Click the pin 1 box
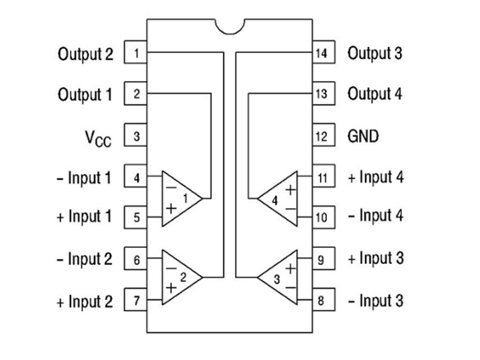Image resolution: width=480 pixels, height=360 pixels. (x=135, y=52)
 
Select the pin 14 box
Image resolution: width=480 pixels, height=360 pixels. (x=324, y=52)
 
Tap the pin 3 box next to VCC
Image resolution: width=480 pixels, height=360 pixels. (x=135, y=135)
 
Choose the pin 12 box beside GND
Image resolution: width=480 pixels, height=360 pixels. (x=324, y=135)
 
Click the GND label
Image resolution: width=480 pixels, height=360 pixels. (x=363, y=136)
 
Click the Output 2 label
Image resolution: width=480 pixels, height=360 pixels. (x=85, y=54)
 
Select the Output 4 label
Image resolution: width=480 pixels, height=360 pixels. (x=375, y=94)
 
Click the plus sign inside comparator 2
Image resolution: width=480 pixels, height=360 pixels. (x=171, y=288)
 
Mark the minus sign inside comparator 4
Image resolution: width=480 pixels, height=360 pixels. (x=290, y=209)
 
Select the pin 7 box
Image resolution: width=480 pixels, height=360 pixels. (x=135, y=300)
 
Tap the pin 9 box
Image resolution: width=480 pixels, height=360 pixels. (x=324, y=258)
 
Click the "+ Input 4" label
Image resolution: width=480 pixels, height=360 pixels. (x=376, y=177)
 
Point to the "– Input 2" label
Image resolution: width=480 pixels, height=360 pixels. (x=84, y=259)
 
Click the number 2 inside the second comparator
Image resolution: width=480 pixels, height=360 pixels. (x=183, y=277)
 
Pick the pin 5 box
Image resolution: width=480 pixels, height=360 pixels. (x=135, y=217)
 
